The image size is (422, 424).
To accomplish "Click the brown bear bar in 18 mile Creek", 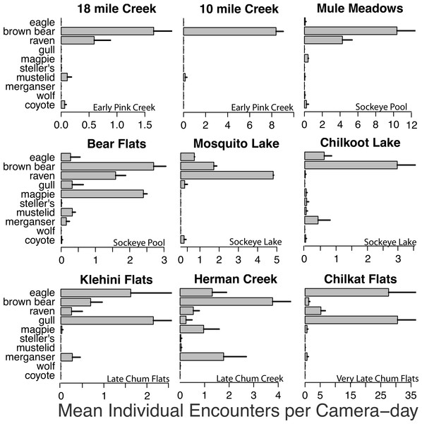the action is (107, 31).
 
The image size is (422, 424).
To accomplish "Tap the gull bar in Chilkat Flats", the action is (351, 320).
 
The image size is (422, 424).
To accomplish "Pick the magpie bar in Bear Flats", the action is (102, 194).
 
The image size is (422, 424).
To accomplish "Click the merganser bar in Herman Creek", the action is (202, 357).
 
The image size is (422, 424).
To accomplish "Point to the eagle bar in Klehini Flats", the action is (95, 293).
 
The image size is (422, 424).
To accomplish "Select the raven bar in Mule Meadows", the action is (323, 40).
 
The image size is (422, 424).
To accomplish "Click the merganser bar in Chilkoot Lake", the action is (311, 220).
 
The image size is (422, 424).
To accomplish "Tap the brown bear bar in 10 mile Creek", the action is (230, 31).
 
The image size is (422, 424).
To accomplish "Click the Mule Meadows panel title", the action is (360, 8).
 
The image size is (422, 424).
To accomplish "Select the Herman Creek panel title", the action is (236, 279).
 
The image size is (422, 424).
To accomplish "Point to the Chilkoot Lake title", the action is (360, 143).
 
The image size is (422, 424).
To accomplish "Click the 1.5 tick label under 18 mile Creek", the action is (145, 125).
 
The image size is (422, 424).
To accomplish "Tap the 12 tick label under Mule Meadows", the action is (412, 124).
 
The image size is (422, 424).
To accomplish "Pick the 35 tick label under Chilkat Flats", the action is (411, 395).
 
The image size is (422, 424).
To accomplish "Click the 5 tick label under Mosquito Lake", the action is (277, 260).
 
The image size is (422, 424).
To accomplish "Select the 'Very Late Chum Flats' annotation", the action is (377, 379).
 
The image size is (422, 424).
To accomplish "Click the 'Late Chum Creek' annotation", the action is (250, 379).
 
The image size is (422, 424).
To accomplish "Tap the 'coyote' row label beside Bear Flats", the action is (40, 240).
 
